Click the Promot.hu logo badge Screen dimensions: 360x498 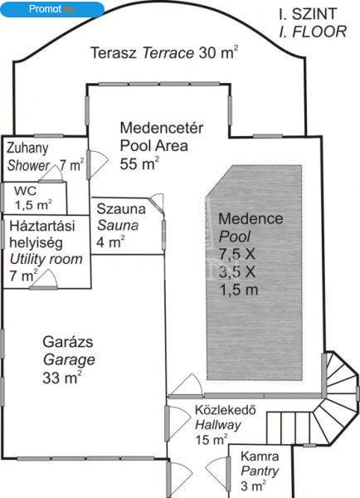coord(52,9)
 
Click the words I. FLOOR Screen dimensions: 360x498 coord(313,32)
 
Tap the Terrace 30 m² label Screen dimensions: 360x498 coord(164,52)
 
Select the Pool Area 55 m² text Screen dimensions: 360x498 coord(162,146)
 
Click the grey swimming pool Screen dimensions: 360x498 coord(255,272)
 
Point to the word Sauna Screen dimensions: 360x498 coord(118,226)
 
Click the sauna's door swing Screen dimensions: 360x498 coord(158,203)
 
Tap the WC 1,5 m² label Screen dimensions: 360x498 coord(33,198)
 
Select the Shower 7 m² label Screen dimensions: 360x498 coord(46,157)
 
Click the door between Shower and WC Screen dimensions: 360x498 coord(51,174)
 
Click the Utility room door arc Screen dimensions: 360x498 coord(44,280)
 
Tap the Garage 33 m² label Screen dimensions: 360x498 coord(69,360)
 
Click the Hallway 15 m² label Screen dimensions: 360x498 coord(225,425)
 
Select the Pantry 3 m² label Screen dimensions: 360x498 coord(260,471)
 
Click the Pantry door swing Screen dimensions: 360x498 coord(218,474)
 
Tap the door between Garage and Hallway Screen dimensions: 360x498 coord(178,423)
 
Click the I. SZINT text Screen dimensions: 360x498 coord(308,14)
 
